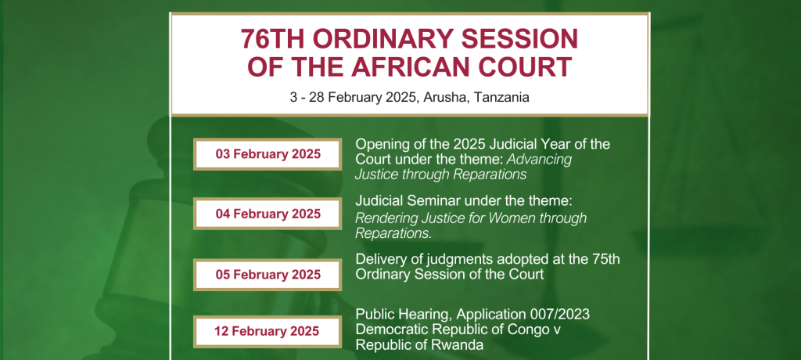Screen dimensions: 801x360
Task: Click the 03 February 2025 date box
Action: click(268, 154)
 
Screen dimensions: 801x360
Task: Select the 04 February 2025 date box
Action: click(268, 213)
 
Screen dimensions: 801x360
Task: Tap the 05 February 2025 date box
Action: click(268, 275)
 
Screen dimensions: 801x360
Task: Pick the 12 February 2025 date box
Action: click(268, 331)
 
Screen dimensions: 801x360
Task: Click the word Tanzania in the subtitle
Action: click(501, 97)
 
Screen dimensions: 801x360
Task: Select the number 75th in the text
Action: click(605, 259)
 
